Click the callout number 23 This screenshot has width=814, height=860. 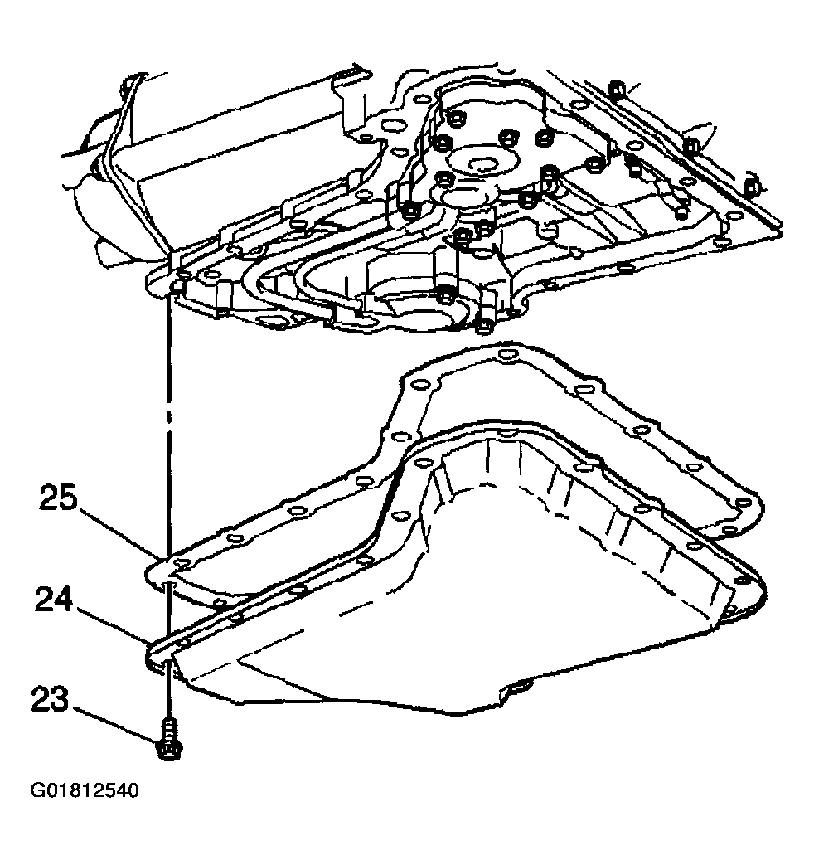click(51, 698)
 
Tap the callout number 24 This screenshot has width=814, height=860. click(54, 600)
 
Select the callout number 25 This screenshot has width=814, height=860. click(58, 498)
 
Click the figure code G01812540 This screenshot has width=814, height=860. click(85, 790)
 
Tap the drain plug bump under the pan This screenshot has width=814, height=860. click(519, 687)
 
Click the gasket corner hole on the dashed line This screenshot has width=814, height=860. click(181, 563)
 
